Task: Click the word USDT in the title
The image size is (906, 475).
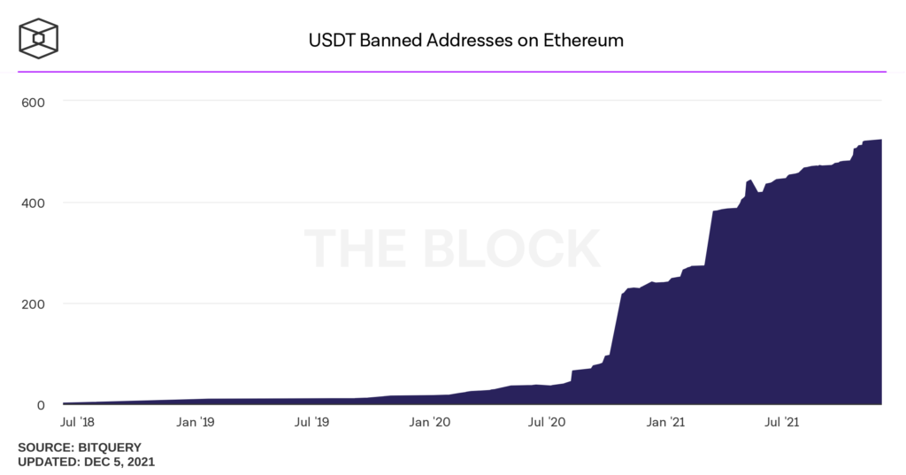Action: (x=327, y=40)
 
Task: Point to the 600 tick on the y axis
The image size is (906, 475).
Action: (x=33, y=102)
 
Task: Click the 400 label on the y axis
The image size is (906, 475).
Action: (x=33, y=203)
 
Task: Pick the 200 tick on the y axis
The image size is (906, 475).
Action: (x=33, y=303)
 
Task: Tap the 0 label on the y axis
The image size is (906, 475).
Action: (x=40, y=405)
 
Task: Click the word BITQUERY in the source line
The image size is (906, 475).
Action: (x=109, y=448)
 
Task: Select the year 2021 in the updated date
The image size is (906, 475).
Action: (x=137, y=462)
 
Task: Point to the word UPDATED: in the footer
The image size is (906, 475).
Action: (x=48, y=462)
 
